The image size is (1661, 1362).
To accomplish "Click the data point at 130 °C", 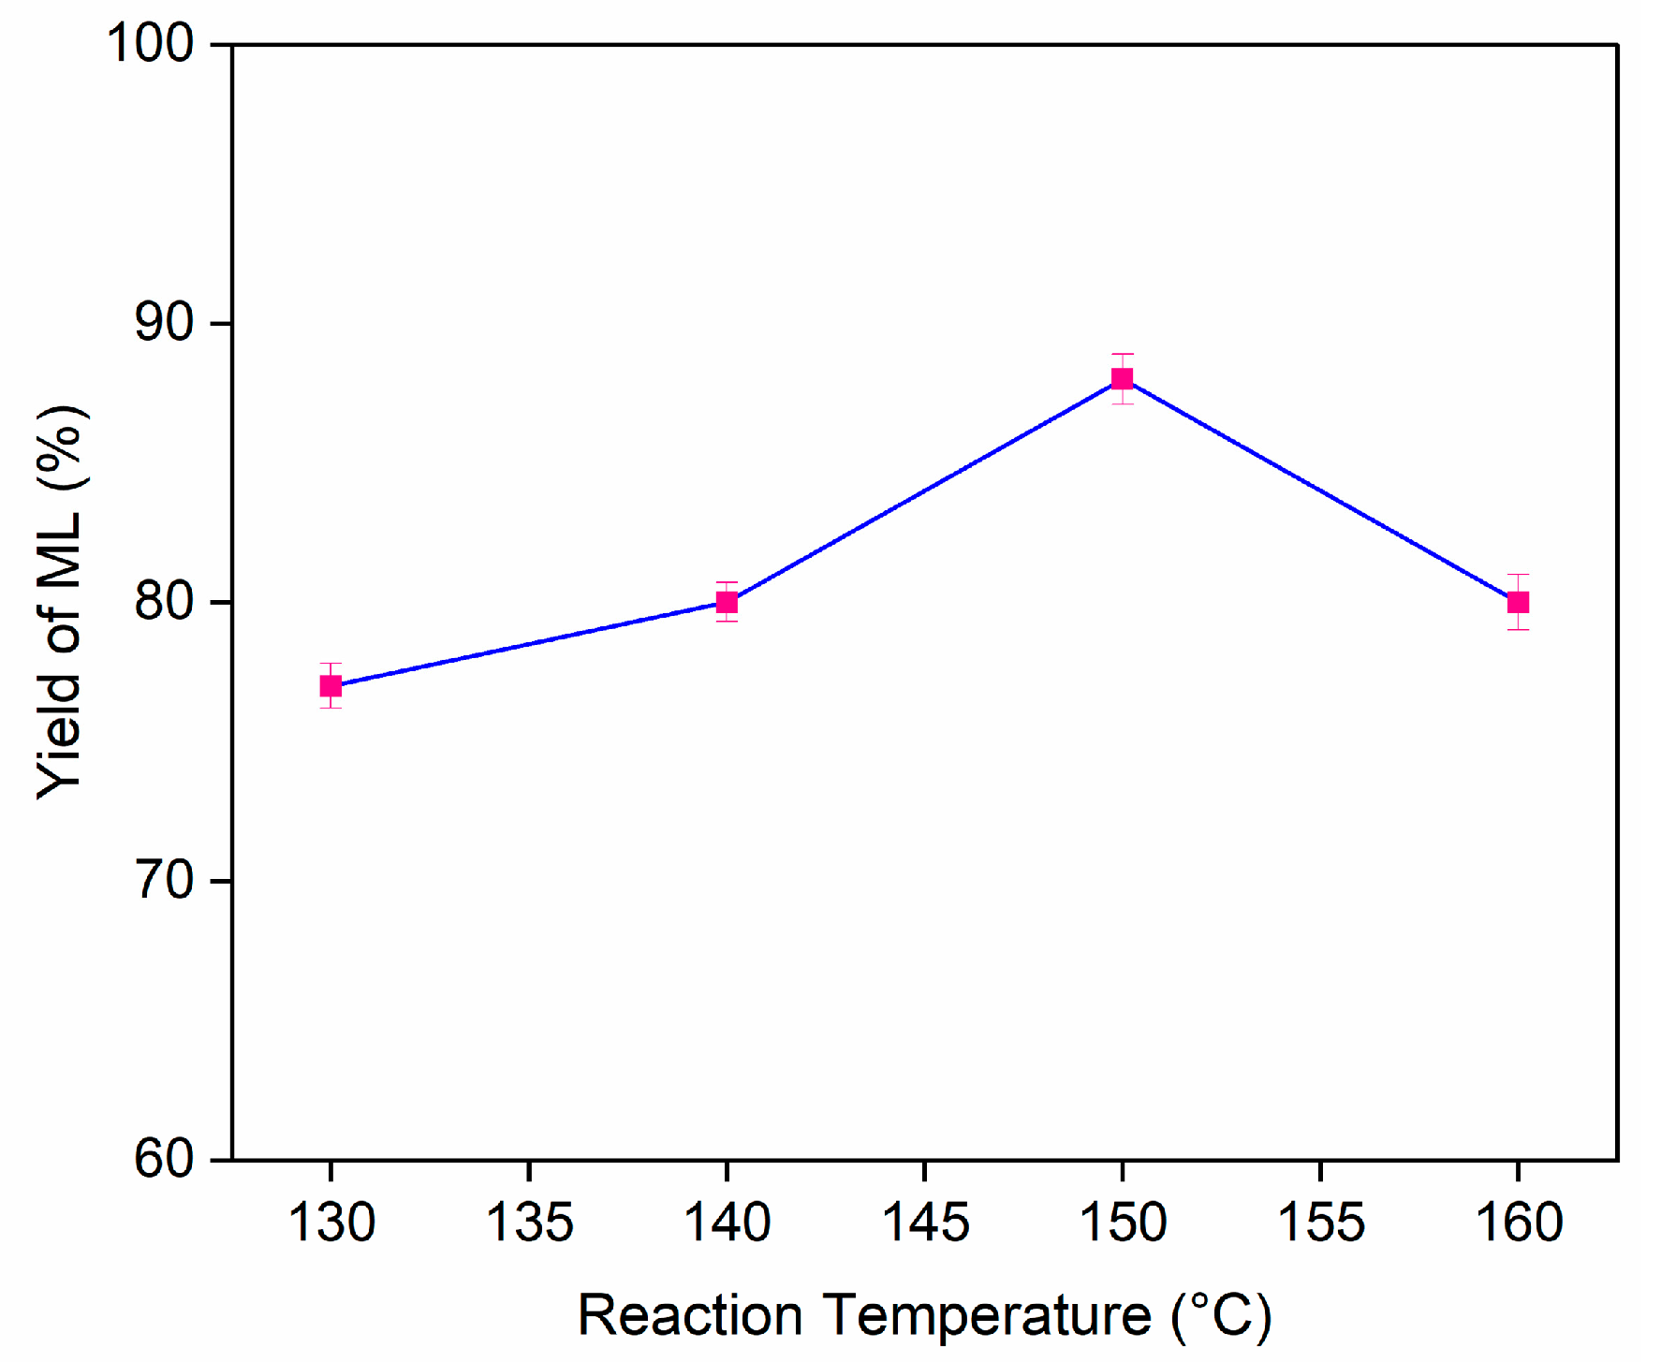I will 331,686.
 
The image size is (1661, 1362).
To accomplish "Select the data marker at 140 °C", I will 727,602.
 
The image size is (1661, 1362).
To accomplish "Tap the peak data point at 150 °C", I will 1122,378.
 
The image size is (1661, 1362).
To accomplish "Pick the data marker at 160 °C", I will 1518,602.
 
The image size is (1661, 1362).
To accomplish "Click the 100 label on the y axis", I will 150,43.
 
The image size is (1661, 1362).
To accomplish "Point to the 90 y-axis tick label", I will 164,323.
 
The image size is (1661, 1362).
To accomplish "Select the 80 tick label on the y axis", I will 164,602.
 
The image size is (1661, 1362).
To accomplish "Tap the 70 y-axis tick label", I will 164,881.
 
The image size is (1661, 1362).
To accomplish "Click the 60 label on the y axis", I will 164,1160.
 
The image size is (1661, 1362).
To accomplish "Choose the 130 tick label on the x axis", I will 331,1223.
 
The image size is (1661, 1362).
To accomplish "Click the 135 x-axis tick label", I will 529,1223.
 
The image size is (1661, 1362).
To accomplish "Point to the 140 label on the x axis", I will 728,1223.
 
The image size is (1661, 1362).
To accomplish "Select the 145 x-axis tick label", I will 925,1223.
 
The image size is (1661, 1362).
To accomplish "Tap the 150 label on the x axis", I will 1123,1223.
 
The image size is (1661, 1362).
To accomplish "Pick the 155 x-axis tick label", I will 1321,1223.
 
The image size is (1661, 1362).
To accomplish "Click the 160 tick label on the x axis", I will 1519,1223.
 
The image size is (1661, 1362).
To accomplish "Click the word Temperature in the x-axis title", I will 987,1316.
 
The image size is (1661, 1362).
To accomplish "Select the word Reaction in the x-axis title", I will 690,1316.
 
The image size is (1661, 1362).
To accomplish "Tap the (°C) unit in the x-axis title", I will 1221,1316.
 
